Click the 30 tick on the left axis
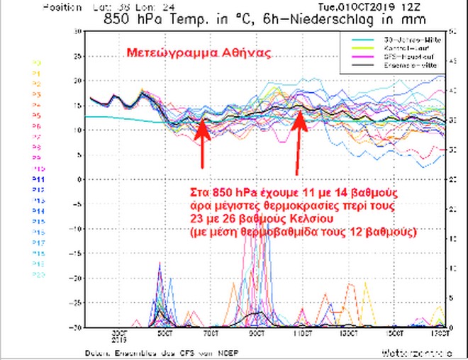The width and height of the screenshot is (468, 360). (x=77, y=32)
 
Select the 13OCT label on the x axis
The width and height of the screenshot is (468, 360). (x=348, y=332)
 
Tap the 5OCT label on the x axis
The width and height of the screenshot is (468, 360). (x=164, y=332)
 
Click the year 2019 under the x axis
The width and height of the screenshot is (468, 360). (x=118, y=339)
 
